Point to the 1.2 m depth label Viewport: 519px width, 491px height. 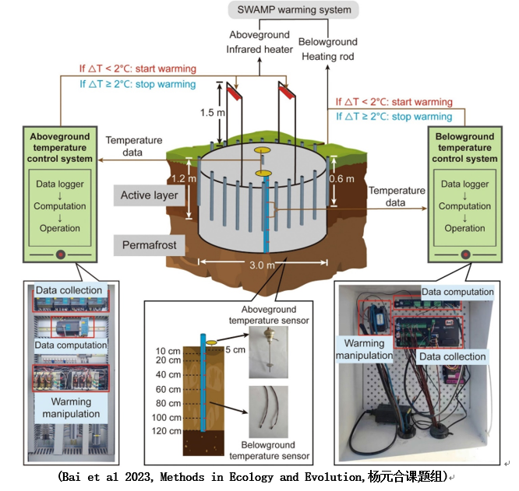coord(175,178)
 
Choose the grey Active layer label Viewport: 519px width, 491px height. coord(150,194)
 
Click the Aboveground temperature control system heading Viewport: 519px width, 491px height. coord(61,148)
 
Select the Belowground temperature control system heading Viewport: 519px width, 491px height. coord(464,148)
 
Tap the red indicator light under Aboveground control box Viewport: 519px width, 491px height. coord(61,254)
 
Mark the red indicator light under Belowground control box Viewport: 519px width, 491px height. coord(465,254)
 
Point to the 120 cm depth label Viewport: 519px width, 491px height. coord(166,430)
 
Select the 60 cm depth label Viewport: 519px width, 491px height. coord(168,389)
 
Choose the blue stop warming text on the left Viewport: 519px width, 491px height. coord(137,84)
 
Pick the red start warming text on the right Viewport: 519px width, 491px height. coord(394,102)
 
